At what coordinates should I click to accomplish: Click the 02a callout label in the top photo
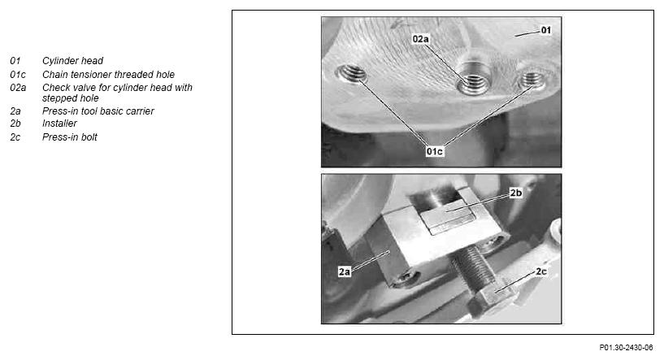420,39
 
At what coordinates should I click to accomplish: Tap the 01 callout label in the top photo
546,30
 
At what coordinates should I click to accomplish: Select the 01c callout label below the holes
435,151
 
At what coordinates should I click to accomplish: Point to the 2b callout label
516,193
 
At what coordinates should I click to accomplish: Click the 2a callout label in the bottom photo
345,271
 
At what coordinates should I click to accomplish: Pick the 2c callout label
541,271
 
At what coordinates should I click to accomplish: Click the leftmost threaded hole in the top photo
352,74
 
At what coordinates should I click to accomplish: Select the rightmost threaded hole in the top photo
532,80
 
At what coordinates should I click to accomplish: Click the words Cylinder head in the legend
72,61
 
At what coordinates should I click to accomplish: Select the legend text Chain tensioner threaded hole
108,75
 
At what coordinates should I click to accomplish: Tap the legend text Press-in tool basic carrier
98,111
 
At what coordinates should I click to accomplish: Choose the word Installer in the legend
59,124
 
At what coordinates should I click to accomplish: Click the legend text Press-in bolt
69,137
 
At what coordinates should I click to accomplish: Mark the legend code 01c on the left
18,75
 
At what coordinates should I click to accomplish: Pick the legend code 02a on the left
18,88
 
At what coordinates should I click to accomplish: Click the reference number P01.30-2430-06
626,348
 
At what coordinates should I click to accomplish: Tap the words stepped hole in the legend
70,98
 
